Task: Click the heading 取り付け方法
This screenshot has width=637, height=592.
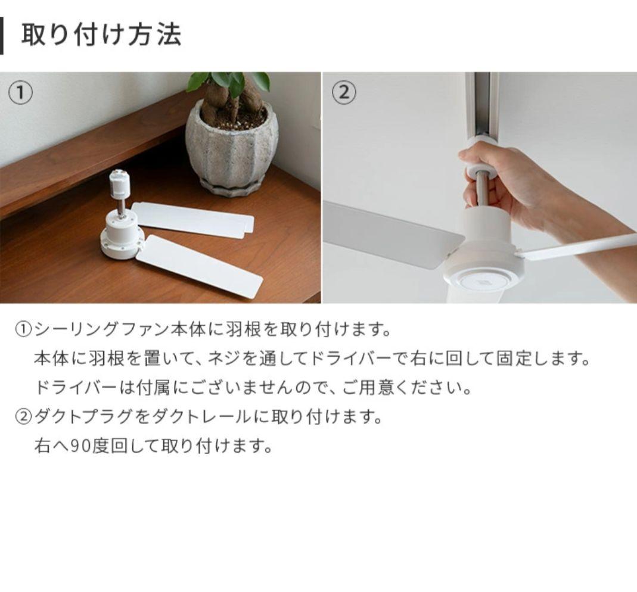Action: click(101, 35)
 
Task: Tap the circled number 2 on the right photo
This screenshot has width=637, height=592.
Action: click(344, 94)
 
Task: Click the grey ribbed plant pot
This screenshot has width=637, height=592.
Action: click(231, 149)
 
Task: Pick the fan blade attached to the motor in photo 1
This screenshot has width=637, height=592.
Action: click(200, 266)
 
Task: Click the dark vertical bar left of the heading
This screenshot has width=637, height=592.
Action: click(2, 36)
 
